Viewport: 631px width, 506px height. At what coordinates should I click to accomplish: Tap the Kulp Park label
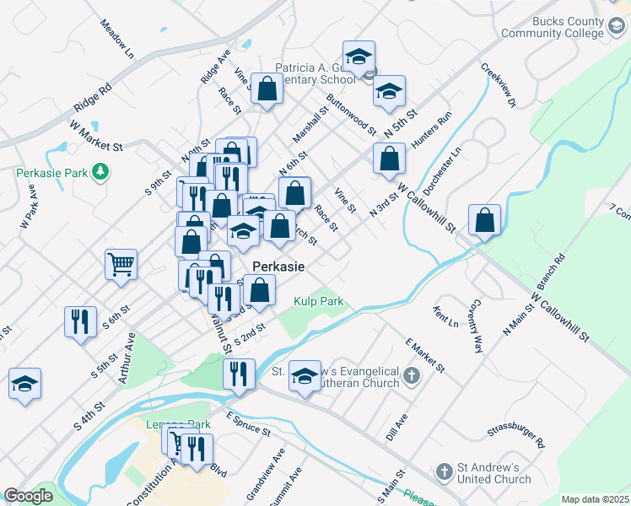pos(318,301)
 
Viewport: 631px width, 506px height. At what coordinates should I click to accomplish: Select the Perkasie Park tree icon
pos(100,172)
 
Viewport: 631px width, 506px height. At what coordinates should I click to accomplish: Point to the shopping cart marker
pos(121,264)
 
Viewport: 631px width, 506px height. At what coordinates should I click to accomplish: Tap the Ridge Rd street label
pos(93,99)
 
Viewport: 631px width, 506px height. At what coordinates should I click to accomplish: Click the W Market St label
pos(96,135)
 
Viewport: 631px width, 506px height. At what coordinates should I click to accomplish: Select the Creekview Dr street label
pos(497,87)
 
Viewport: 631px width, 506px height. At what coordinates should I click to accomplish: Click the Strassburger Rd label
pos(516,428)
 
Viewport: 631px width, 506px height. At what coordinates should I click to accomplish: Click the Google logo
pos(28,496)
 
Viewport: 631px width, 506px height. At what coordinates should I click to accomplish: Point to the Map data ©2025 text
pos(595,499)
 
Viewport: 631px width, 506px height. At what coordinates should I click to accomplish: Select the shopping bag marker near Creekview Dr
pos(485,221)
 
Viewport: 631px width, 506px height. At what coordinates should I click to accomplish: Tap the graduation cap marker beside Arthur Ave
pos(25,384)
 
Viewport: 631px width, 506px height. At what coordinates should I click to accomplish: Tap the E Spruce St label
pos(247,423)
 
